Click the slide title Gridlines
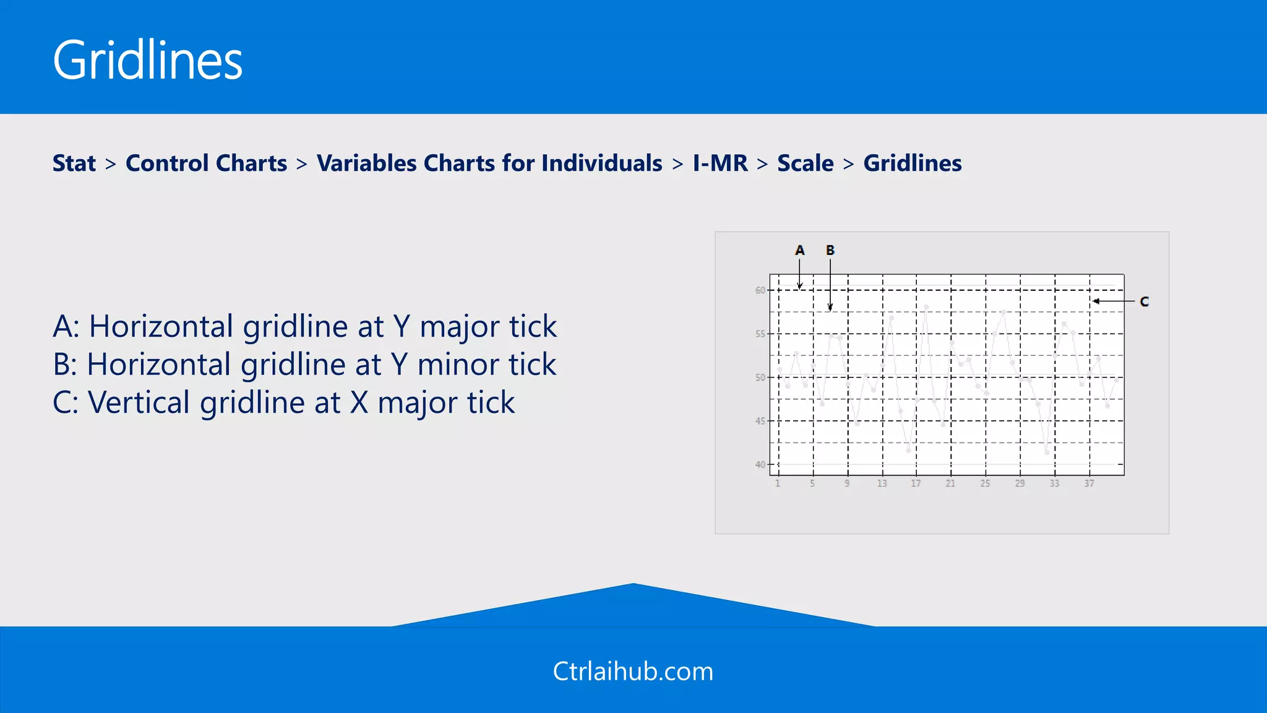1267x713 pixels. (x=147, y=60)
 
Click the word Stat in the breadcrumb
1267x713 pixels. (x=74, y=163)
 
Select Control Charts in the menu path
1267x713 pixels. (x=206, y=163)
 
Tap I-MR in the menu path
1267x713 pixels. (x=720, y=163)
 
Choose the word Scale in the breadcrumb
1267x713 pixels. (x=805, y=163)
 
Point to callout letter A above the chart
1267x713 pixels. (x=799, y=251)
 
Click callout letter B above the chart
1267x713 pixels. (x=830, y=251)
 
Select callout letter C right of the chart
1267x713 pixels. (x=1144, y=302)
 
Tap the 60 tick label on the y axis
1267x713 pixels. (x=760, y=290)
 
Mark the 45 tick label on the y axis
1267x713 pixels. (x=760, y=421)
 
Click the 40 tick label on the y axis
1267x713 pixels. (x=760, y=464)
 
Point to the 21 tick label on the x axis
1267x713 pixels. (x=950, y=483)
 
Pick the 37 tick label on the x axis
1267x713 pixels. (x=1089, y=483)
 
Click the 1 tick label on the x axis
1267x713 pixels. (x=778, y=483)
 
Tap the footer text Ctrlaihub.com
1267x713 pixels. (x=633, y=672)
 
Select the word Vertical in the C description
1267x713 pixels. (x=139, y=403)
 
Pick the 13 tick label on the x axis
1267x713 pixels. (x=882, y=483)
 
